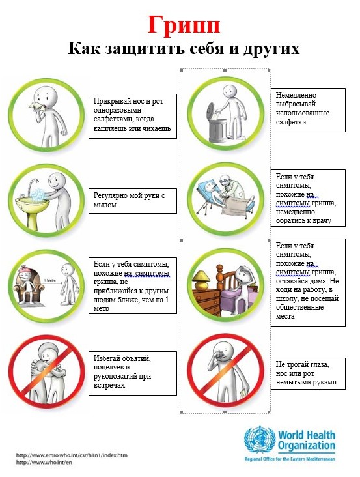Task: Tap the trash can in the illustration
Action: click(217, 127)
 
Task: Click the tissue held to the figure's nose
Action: click(36, 106)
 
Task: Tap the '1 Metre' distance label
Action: click(50, 280)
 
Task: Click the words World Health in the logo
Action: click(307, 435)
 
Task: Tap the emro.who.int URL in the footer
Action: click(72, 455)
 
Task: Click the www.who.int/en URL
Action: click(44, 463)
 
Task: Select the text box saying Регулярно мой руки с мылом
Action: click(133, 201)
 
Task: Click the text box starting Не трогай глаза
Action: click(308, 373)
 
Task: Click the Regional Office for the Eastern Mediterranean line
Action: click(290, 459)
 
